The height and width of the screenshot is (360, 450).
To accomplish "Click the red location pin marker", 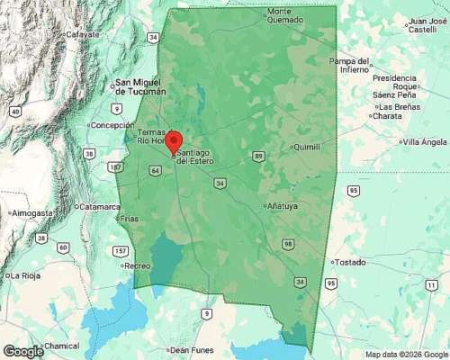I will (175, 142).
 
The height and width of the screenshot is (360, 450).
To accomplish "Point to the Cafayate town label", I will (81, 35).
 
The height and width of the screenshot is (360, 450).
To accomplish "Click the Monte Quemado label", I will (286, 16).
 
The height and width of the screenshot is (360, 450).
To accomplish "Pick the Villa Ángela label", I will (425, 142).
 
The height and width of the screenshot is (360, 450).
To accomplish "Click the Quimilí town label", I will (307, 147).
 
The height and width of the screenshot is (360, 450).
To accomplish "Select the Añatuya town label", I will (283, 206).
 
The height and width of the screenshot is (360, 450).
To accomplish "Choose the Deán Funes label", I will (190, 349).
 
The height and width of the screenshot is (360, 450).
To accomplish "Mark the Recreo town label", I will (137, 265).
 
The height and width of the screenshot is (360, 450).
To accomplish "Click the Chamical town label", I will (61, 346).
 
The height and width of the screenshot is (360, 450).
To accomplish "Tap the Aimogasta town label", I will (32, 212).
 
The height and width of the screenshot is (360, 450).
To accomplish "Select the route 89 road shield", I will (258, 157).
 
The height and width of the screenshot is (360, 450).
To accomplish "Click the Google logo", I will (23, 351).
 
